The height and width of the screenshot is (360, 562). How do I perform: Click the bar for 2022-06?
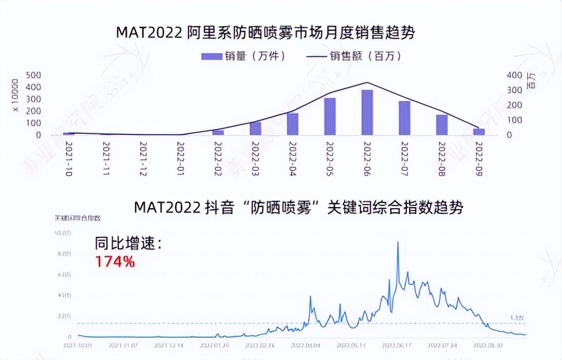(x=367, y=113)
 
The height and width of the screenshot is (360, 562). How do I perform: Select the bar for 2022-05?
(x=330, y=117)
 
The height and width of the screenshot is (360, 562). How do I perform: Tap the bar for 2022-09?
(x=479, y=132)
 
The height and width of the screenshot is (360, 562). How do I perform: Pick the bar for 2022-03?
(x=256, y=128)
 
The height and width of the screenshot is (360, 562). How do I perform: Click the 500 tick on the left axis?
(x=34, y=75)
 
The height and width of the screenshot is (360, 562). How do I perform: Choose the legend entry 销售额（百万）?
(x=353, y=56)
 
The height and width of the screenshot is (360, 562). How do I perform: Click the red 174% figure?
(x=115, y=261)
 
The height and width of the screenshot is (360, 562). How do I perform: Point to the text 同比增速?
(x=127, y=244)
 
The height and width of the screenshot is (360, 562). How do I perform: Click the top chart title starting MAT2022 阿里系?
(x=265, y=33)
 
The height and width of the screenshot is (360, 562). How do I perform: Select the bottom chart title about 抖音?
(x=298, y=208)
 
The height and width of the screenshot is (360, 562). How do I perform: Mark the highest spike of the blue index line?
(x=398, y=243)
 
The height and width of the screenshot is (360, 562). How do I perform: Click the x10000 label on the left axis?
(x=15, y=96)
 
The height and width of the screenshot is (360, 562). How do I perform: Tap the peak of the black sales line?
(x=367, y=82)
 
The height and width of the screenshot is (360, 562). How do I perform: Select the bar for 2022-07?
(x=404, y=118)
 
